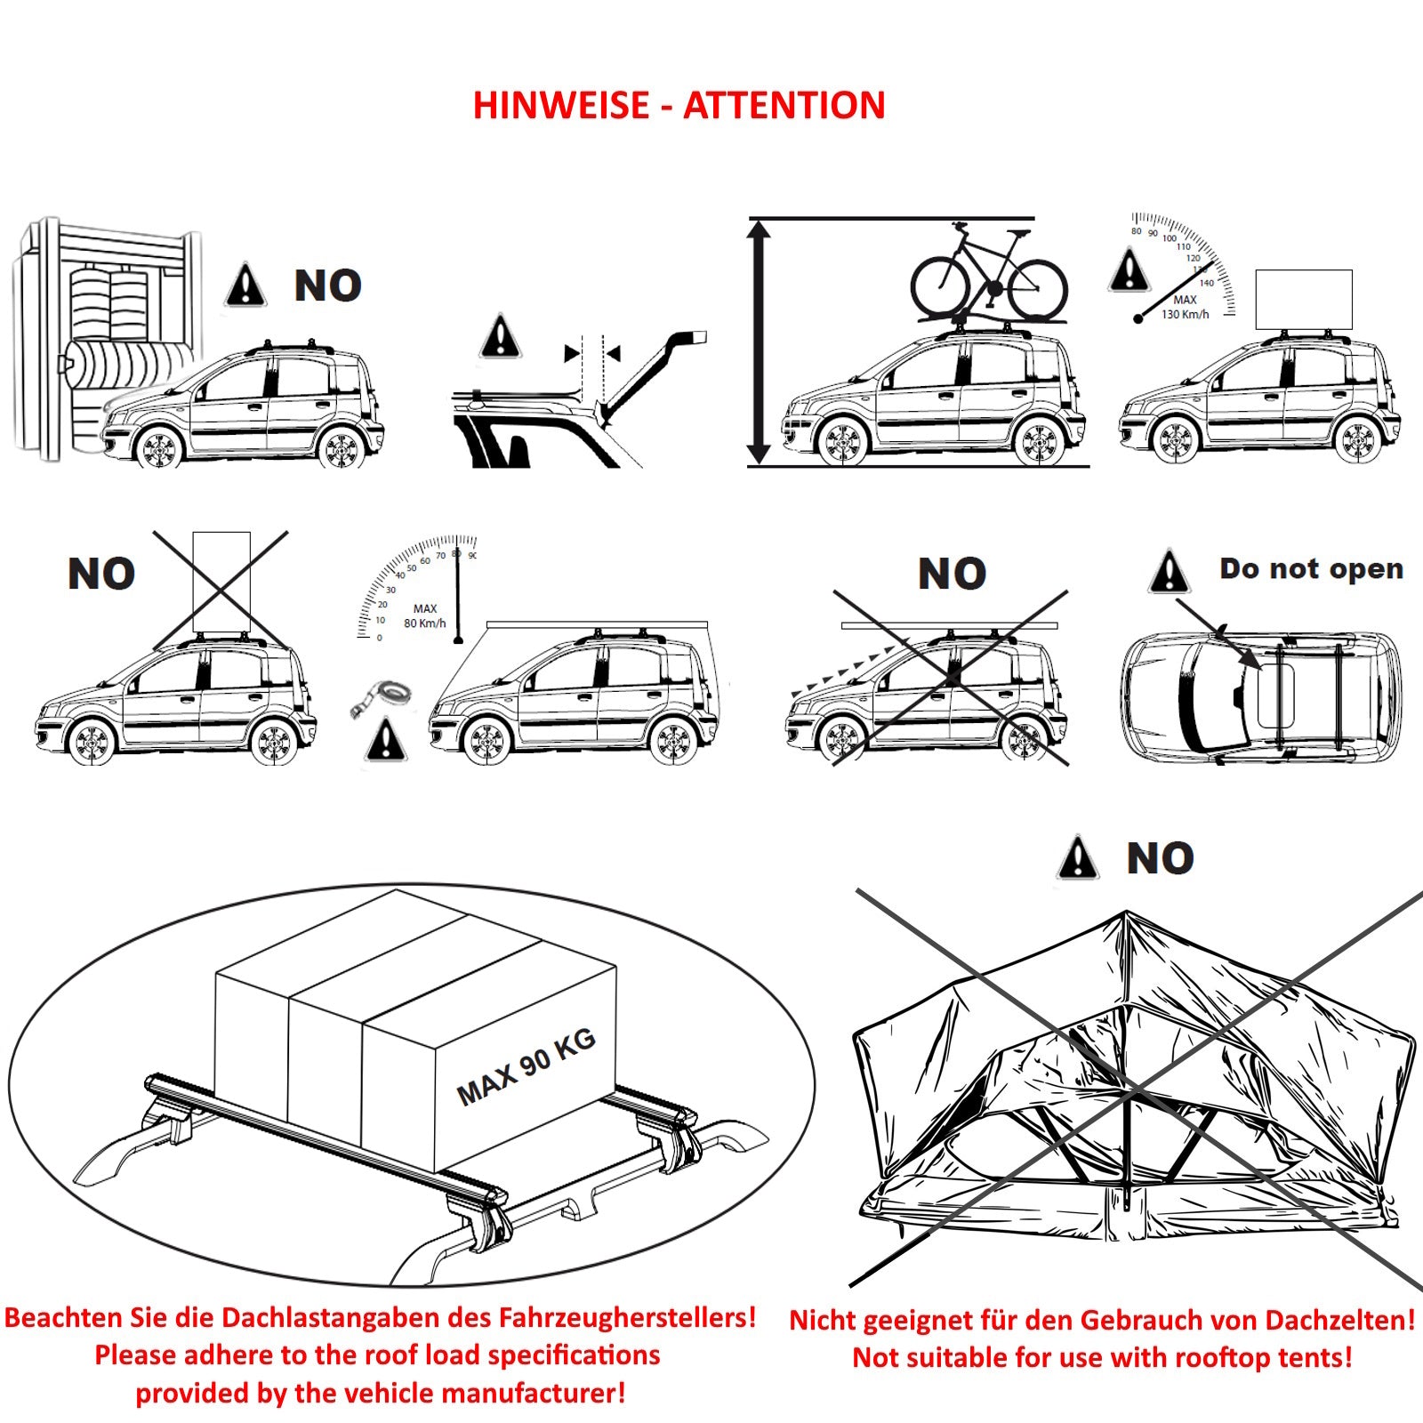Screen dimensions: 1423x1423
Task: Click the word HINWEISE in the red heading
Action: point(561,106)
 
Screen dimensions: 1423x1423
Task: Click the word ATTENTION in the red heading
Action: point(784,106)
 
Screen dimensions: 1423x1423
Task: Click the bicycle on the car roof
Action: point(988,271)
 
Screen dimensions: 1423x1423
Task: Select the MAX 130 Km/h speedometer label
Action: point(1185,307)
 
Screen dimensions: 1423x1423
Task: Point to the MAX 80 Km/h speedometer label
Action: point(424,616)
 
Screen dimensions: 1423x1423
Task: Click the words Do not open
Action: point(1311,568)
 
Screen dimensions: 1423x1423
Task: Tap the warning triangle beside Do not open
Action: point(1169,573)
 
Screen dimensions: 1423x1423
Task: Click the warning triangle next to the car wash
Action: point(245,286)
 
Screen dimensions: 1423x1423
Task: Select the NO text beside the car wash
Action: point(327,286)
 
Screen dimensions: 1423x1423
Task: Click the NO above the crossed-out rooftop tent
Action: point(1160,859)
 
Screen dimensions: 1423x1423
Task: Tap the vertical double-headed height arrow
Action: point(759,342)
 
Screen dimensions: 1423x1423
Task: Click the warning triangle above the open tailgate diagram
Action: point(501,337)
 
